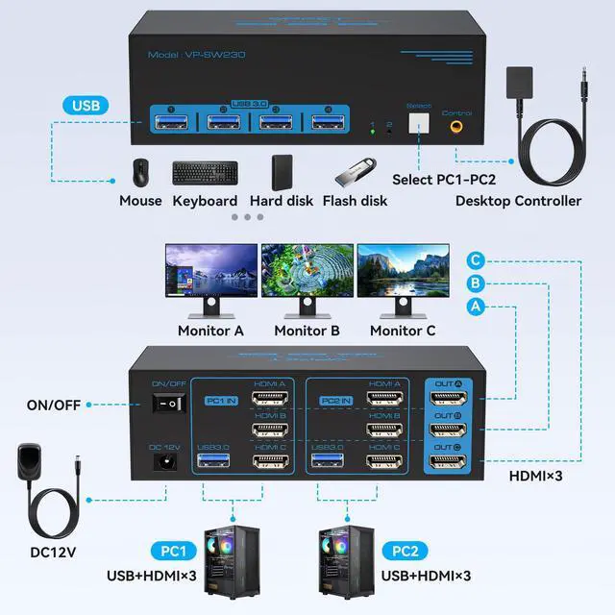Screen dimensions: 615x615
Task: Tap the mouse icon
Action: click(140, 172)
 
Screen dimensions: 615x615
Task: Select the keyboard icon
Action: click(205, 173)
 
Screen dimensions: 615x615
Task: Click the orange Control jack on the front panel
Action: click(455, 124)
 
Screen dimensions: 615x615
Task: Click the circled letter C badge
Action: click(475, 260)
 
